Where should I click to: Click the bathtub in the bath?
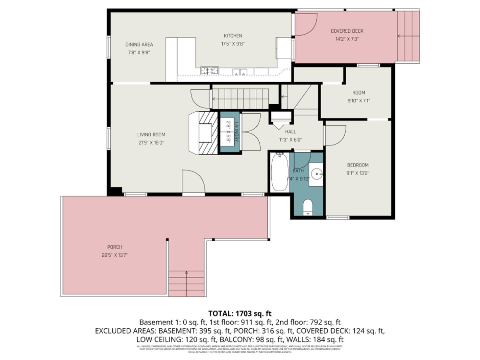coord(279,172)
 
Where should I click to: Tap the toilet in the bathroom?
coord(308,207)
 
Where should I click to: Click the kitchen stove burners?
coord(210,71)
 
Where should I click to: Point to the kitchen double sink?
coord(240,72)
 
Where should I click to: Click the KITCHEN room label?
coord(233,36)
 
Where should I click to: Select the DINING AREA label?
coord(139,44)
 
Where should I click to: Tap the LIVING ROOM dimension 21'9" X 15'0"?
coord(151,143)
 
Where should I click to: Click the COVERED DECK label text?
coord(347,31)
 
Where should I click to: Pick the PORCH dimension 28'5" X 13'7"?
coord(115,255)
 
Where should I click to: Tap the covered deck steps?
coord(408,36)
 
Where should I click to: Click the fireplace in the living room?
coord(205,132)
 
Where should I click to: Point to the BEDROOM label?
coord(358,165)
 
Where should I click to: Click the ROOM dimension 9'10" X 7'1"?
coord(358,100)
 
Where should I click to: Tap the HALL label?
coord(291,132)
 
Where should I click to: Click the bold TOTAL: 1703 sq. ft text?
coord(240,313)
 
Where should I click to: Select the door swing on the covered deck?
coord(306,24)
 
